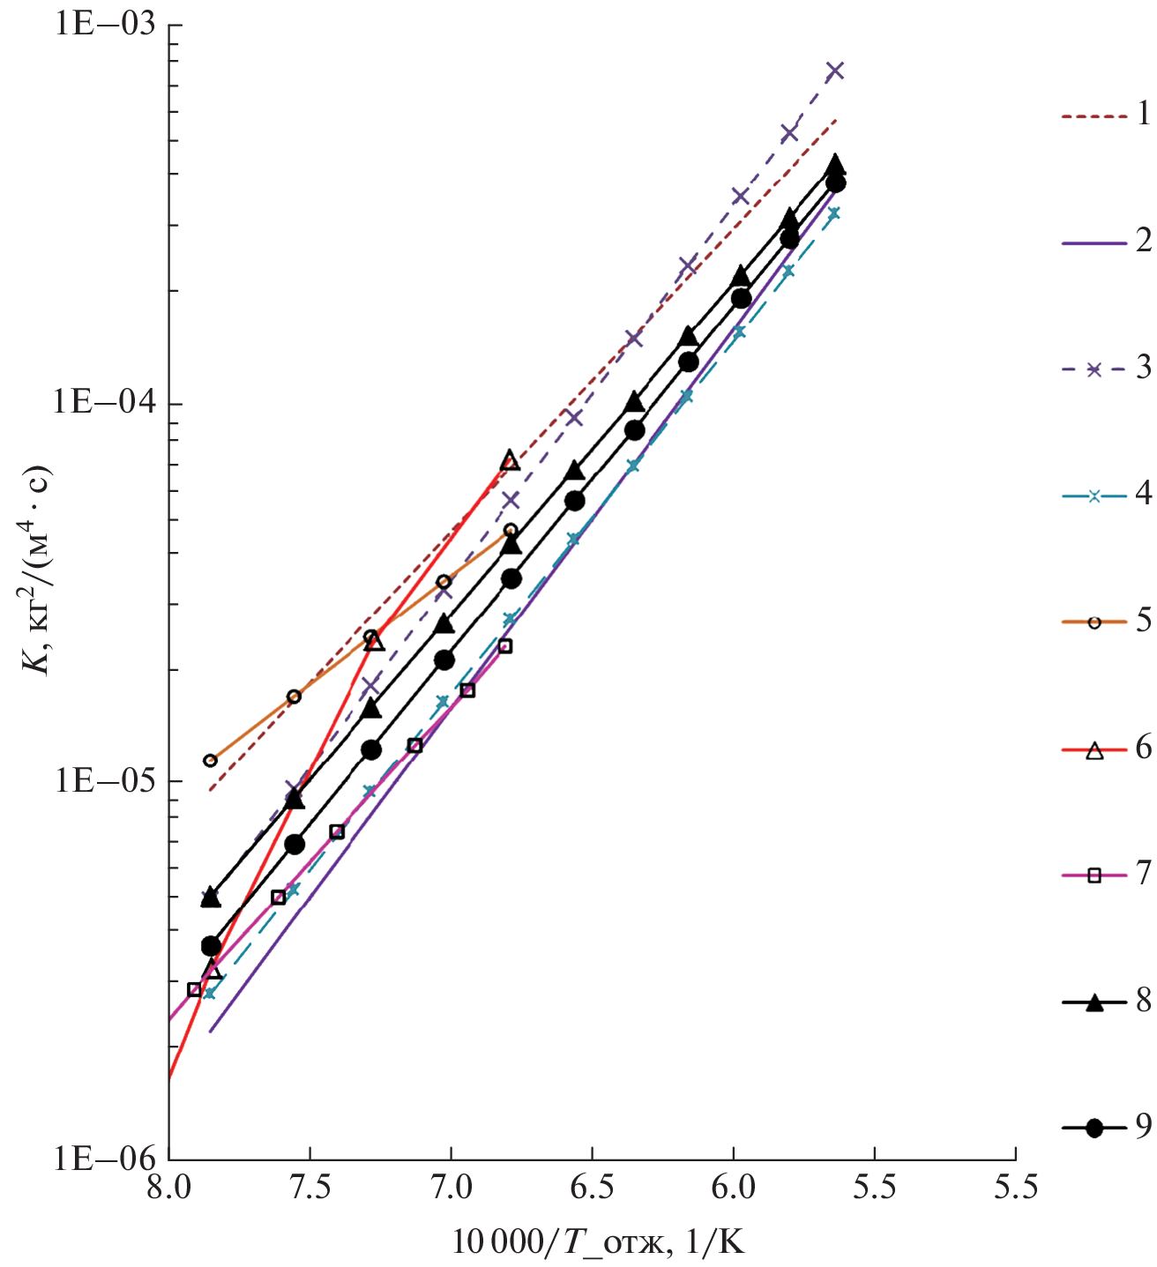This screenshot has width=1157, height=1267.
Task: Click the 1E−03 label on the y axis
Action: click(105, 24)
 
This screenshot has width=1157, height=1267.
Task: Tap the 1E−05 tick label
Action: click(105, 781)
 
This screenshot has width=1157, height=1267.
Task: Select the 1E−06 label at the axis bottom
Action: click(105, 1159)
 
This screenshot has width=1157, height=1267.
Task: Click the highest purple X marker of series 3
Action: click(835, 71)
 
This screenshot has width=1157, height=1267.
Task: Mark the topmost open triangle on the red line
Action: click(510, 460)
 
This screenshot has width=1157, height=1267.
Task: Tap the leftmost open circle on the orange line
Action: click(210, 760)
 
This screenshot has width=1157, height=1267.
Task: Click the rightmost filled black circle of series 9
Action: click(835, 183)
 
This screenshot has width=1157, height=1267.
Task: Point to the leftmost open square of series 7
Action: click(194, 989)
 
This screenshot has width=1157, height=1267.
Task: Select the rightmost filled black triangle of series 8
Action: click(835, 165)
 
